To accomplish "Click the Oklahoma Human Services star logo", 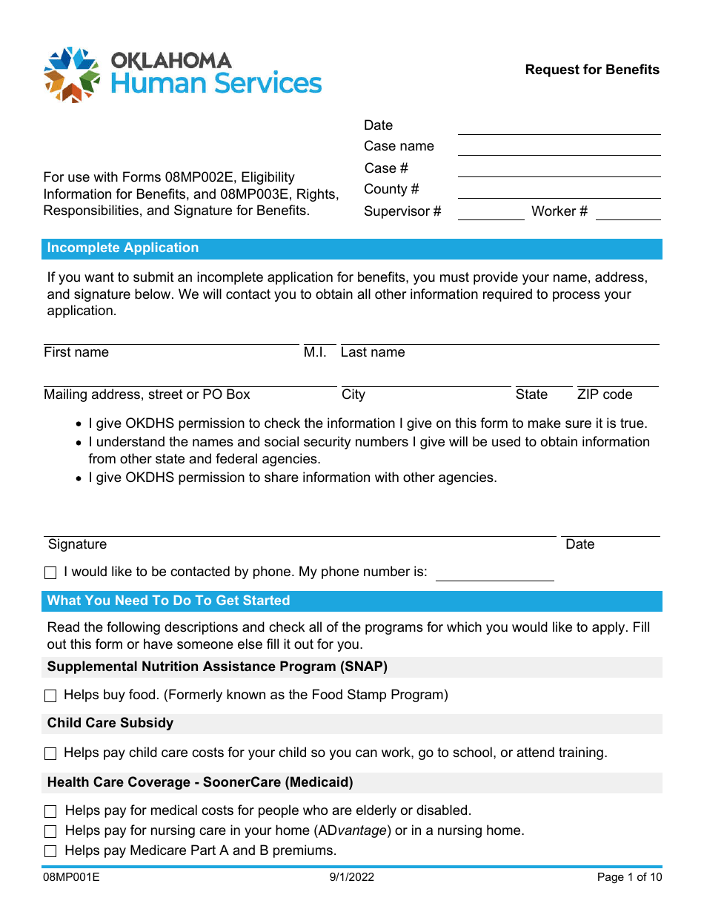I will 72,74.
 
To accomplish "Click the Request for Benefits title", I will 591,70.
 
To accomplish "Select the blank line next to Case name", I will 559,148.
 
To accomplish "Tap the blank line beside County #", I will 559,191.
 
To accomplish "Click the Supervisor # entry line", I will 491,213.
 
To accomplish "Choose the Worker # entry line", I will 628,213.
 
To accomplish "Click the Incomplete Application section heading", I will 123,248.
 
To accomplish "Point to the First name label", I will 76,353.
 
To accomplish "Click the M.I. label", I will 315,353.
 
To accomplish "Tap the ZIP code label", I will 605,395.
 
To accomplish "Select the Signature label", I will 78,545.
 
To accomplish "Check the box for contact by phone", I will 50,573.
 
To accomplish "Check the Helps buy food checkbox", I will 50,696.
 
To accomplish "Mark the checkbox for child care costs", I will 50,754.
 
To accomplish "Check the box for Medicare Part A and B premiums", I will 50,852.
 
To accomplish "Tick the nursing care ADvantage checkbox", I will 50,832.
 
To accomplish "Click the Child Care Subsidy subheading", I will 110,724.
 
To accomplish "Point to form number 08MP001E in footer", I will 71,878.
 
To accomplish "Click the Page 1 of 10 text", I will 629,878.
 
